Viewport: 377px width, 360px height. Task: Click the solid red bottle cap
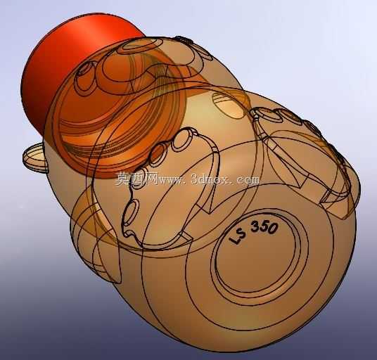(72, 72)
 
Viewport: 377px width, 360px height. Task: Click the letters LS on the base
(238, 236)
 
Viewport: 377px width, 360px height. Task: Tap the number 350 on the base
(264, 227)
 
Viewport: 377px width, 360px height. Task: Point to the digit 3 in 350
(255, 226)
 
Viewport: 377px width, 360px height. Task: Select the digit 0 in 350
(273, 229)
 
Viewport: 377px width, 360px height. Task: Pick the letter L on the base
(234, 239)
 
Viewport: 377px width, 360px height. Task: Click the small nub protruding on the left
(35, 157)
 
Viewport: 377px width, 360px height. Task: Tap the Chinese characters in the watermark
(136, 179)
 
